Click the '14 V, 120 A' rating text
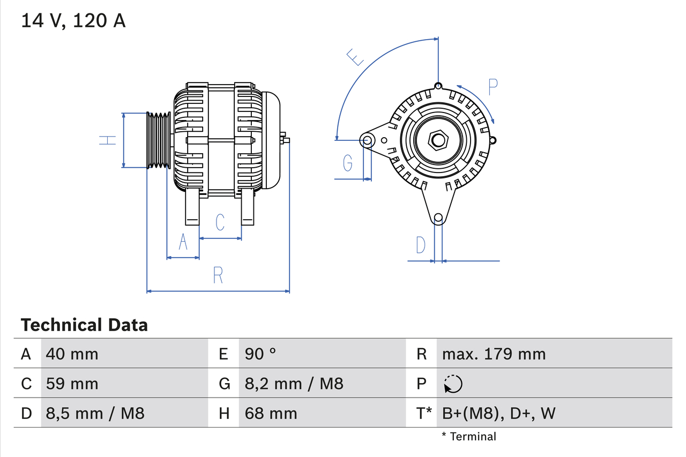[x=73, y=21]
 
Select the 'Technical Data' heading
[x=84, y=325]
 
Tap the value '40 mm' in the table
[x=72, y=354]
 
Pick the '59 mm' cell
[x=72, y=384]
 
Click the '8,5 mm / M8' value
[x=95, y=413]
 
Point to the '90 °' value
[x=260, y=354]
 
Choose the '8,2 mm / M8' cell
[x=294, y=384]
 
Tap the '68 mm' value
[x=271, y=413]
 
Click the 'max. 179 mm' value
[x=494, y=354]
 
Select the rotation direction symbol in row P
[x=453, y=384]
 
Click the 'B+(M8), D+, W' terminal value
[x=498, y=413]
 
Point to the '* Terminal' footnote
[x=469, y=437]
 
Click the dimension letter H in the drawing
[x=108, y=140]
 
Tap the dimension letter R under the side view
[x=218, y=275]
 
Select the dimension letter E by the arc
[x=355, y=57]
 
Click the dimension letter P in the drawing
[x=493, y=87]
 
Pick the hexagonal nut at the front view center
[x=438, y=140]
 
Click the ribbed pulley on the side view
[x=159, y=140]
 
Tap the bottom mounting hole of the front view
[x=438, y=218]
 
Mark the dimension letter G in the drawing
[x=348, y=162]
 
